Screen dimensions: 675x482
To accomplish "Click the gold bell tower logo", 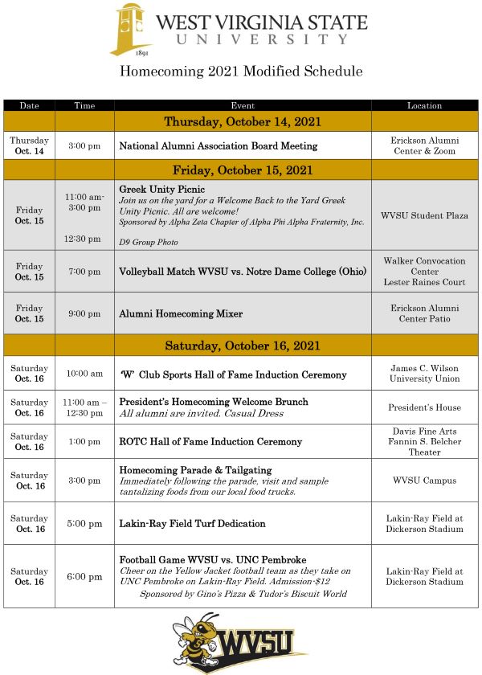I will (131, 30).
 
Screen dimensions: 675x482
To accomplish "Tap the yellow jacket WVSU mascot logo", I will (240, 642).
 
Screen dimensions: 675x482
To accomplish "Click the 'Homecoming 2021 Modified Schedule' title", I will (241, 72).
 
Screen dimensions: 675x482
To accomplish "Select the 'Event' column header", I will (243, 105).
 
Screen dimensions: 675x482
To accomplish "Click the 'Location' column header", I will (424, 105).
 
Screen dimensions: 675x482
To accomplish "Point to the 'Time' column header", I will (84, 105).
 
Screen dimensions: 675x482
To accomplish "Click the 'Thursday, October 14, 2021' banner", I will (243, 122).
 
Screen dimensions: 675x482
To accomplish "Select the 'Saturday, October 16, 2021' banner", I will (243, 346).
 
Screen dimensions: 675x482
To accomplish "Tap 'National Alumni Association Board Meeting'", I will (218, 146).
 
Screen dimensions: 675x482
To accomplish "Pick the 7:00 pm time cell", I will (84, 272).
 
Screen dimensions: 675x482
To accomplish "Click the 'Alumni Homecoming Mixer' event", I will (181, 313).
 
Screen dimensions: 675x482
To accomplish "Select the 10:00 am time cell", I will (84, 374).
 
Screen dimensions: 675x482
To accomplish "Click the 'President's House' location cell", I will (424, 407).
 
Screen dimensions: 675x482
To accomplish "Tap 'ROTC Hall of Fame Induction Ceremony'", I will (210, 441).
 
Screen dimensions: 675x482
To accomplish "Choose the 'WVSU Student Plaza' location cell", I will (424, 215).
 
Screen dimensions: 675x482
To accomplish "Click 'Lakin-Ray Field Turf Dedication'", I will (192, 523).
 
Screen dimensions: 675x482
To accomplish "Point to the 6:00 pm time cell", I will (84, 576).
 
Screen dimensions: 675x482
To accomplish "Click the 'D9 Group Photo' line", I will (149, 242).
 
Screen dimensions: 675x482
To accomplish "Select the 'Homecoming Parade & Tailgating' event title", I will (195, 470).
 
